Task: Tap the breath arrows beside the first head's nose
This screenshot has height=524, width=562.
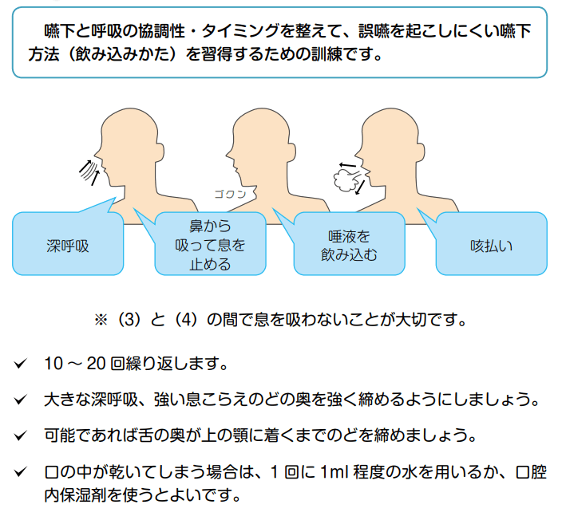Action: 88,168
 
